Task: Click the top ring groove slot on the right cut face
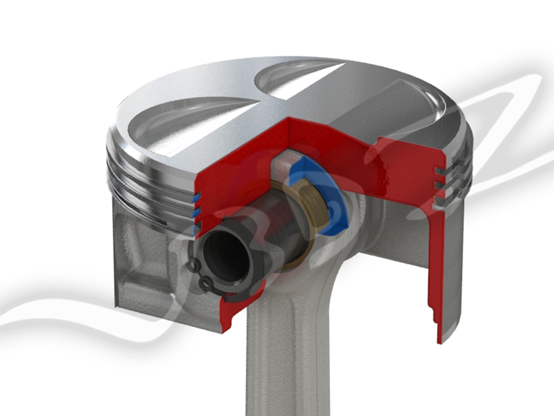coord(439,170)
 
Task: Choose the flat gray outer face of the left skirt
coord(142,270)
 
